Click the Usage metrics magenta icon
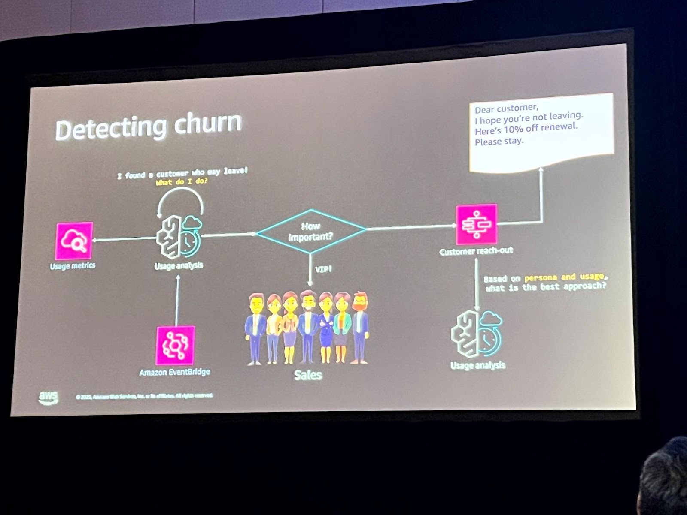pos(74,241)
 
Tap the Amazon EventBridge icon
pos(175,345)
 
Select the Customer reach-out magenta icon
pos(476,224)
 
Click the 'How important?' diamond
pos(311,231)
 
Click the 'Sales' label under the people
pos(308,375)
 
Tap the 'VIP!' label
pos(323,269)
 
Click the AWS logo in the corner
pos(48,397)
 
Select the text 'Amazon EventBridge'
pos(174,372)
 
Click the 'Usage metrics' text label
pos(73,266)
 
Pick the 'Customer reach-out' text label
pos(476,251)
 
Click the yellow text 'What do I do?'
pos(181,181)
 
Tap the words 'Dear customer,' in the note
pos(506,108)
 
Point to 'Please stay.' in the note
pos(499,141)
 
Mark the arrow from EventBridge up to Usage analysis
pos(177,300)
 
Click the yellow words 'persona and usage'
pos(564,277)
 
